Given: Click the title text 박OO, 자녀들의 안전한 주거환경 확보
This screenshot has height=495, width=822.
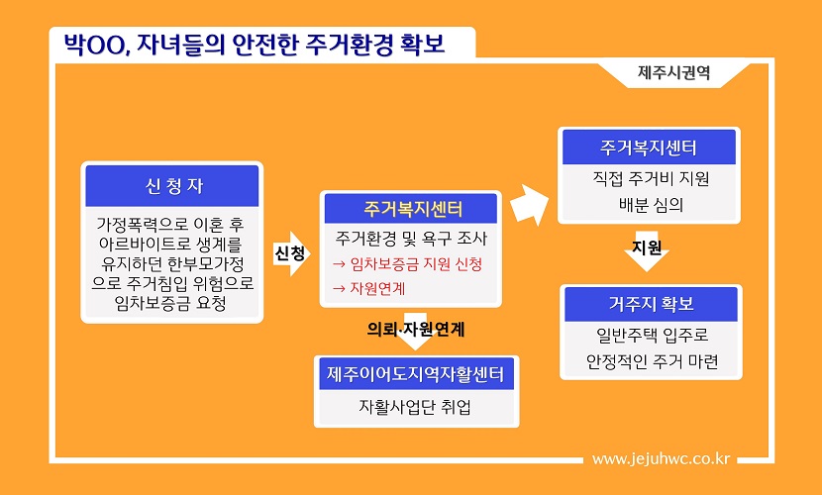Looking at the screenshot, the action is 255,44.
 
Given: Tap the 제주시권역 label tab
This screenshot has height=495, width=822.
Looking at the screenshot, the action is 673,73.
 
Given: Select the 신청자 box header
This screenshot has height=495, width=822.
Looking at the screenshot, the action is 172,186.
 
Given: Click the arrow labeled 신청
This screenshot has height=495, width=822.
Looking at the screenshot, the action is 291,253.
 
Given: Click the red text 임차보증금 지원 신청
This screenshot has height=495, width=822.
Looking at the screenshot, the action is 407,264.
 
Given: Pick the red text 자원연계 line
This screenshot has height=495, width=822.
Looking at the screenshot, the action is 369,289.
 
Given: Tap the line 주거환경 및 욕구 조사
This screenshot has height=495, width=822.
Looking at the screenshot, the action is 411,239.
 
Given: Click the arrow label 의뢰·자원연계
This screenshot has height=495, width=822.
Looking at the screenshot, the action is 415,329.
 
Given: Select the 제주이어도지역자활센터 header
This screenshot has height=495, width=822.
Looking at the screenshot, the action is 416,374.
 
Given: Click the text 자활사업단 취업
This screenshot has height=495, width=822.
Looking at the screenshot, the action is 414,407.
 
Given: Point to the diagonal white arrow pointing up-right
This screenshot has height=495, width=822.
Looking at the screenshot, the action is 529,204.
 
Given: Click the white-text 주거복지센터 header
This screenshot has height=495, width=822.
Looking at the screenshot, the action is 649,148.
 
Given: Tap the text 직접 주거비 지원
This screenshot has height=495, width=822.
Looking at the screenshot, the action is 651,178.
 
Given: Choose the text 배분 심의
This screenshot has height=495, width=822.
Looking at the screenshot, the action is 651,205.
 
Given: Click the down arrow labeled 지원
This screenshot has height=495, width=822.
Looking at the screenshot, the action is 647,251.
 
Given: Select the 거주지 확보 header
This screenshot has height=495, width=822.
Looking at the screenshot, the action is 651,304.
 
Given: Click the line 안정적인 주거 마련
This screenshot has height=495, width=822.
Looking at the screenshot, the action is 652,361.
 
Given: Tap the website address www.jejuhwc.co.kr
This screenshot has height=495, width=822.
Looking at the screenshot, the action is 661,459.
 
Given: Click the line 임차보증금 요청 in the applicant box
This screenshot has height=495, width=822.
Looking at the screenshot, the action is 171,303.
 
